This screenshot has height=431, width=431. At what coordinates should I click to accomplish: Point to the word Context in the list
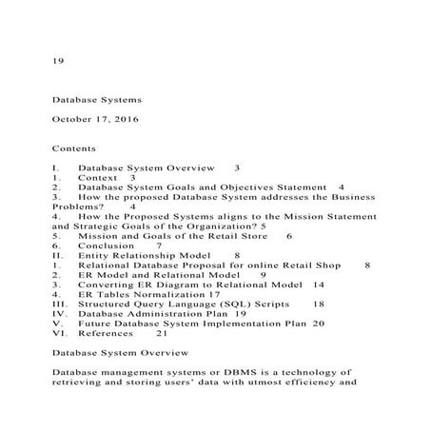99,177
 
